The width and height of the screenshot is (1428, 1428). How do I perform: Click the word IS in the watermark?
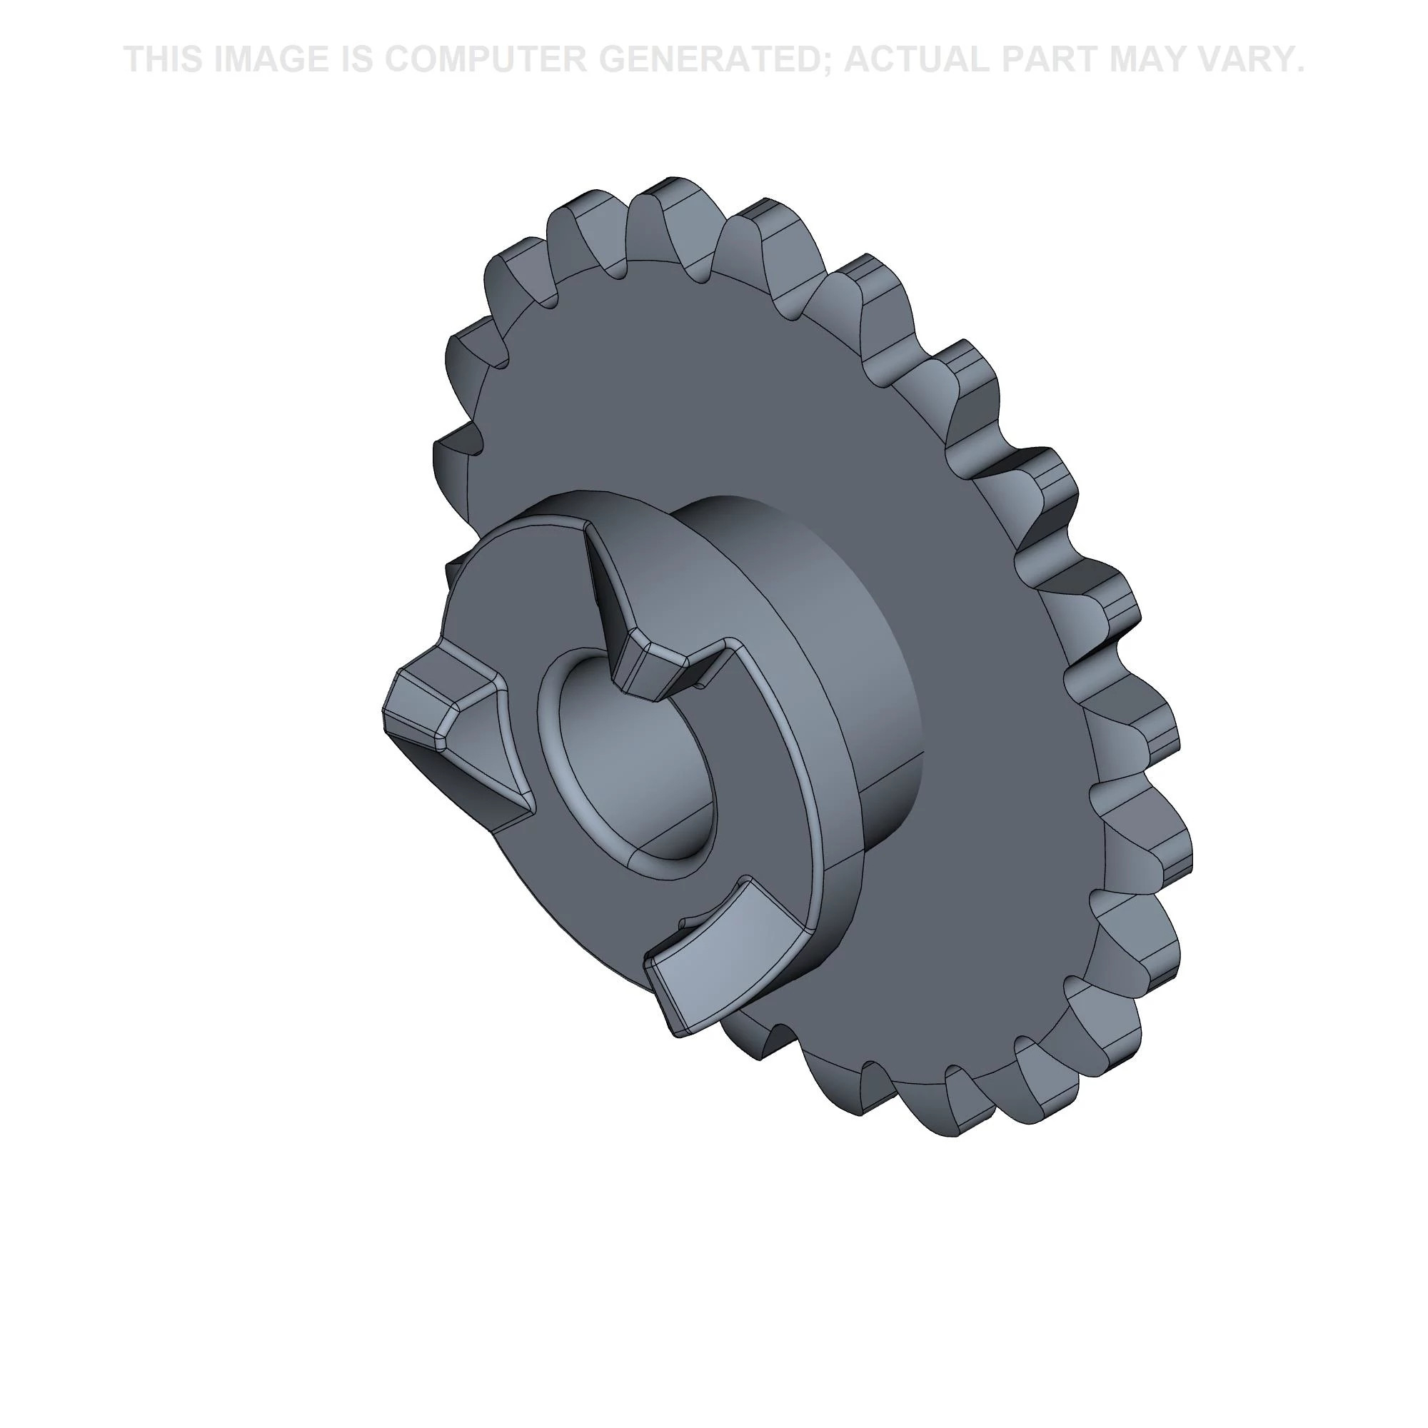pos(356,59)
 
